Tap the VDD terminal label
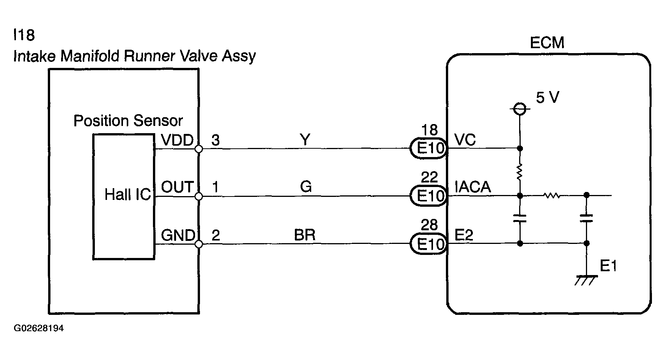click(177, 140)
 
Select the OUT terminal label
click(177, 187)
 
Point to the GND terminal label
click(178, 236)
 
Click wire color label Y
click(305, 140)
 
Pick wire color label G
click(305, 187)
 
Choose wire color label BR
click(305, 235)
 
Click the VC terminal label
click(465, 140)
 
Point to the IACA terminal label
click(473, 187)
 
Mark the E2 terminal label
click(464, 236)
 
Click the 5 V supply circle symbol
click(520, 110)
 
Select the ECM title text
click(547, 43)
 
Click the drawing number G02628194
click(39, 328)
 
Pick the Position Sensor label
click(128, 121)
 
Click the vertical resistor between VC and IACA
click(520, 172)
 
